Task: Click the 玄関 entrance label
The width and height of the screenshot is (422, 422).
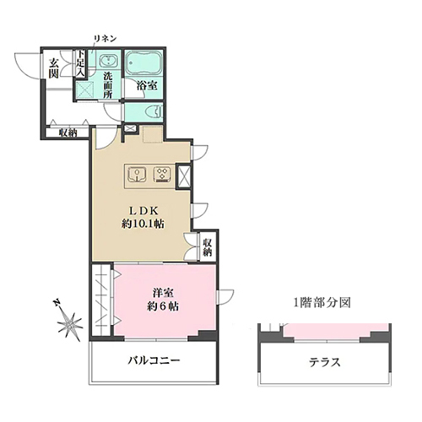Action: [53, 68]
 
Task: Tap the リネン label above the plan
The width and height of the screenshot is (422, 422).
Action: [105, 39]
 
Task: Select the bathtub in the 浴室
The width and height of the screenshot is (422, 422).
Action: [143, 63]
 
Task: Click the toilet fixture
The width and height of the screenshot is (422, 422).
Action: [154, 112]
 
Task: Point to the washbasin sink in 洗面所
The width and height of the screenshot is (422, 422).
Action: [108, 61]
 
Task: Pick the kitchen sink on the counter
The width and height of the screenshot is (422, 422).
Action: [137, 175]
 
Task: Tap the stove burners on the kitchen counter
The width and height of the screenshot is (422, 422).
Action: [162, 174]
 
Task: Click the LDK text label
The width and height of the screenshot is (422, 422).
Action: [143, 210]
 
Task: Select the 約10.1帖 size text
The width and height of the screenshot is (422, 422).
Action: [143, 224]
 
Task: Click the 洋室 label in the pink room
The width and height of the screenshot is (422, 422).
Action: [163, 293]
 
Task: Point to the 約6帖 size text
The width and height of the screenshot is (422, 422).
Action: [163, 306]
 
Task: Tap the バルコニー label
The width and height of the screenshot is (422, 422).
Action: [154, 360]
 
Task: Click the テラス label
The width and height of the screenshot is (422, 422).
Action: [325, 362]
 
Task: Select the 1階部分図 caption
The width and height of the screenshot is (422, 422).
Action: [322, 303]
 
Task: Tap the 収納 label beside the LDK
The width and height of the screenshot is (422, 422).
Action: [208, 247]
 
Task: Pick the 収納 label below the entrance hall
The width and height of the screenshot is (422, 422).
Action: [68, 133]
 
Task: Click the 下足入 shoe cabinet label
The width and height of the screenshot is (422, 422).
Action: [81, 63]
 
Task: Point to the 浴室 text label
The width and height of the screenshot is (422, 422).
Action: [147, 85]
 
